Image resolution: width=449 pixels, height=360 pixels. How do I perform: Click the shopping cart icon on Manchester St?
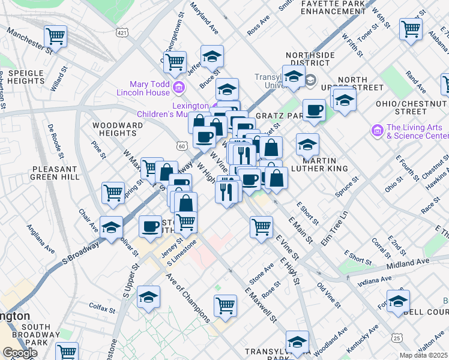click(55, 36)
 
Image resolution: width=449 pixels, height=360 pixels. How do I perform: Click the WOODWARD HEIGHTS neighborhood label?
click(118, 130)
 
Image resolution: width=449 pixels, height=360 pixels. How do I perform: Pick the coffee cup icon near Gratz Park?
click(313, 110)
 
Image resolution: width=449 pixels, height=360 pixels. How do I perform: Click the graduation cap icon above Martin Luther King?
click(307, 145)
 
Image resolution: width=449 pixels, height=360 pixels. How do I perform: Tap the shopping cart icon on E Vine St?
click(261, 227)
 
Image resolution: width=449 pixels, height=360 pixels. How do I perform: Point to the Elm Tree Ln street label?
click(336, 229)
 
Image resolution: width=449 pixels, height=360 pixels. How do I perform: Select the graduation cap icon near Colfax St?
click(148, 297)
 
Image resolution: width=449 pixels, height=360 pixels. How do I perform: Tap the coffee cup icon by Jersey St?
click(149, 226)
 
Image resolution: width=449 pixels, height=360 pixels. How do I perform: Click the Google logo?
click(20, 353)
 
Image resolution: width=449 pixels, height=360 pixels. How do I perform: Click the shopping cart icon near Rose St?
click(225, 304)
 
